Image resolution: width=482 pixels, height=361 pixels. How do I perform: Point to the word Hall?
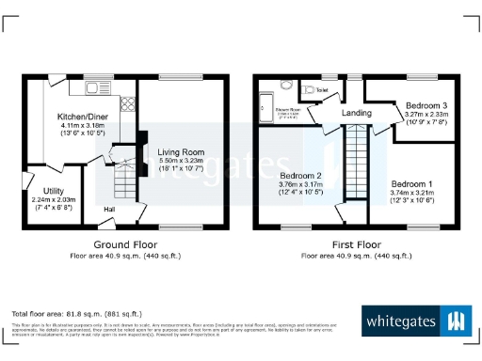click(x=109, y=209)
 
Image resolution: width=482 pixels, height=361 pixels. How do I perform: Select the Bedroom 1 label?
click(x=413, y=183)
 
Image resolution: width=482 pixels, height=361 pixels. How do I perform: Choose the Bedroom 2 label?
click(x=301, y=176)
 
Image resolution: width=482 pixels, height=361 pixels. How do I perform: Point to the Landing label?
click(x=356, y=114)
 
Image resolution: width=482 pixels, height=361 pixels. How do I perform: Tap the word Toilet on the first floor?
click(x=322, y=90)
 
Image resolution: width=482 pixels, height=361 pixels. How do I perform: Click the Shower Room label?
click(x=286, y=110)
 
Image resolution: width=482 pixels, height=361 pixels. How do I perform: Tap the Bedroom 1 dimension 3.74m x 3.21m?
click(x=413, y=192)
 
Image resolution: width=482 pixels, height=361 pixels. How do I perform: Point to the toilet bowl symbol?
click(x=309, y=91)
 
